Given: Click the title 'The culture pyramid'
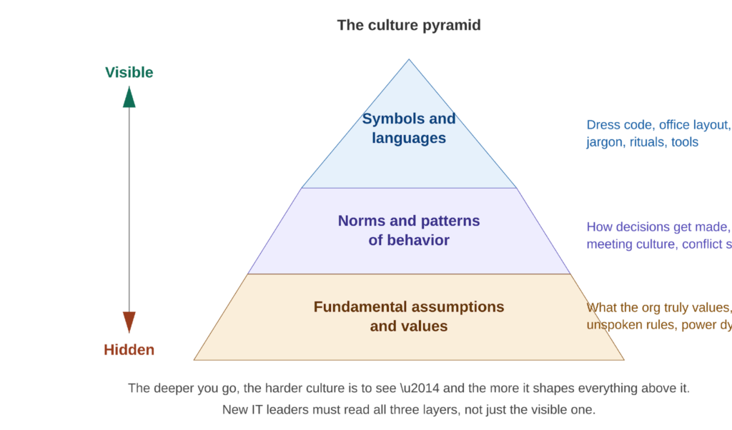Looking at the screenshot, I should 409,26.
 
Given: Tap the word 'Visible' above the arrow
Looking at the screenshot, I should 129,72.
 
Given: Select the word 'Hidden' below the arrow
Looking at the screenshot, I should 129,350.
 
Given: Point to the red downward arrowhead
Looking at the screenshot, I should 129,323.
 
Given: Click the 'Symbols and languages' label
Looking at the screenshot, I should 409,129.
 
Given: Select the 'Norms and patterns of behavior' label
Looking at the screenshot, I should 409,230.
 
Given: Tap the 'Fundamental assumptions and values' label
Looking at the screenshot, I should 409,316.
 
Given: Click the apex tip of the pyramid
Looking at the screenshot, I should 409,60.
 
